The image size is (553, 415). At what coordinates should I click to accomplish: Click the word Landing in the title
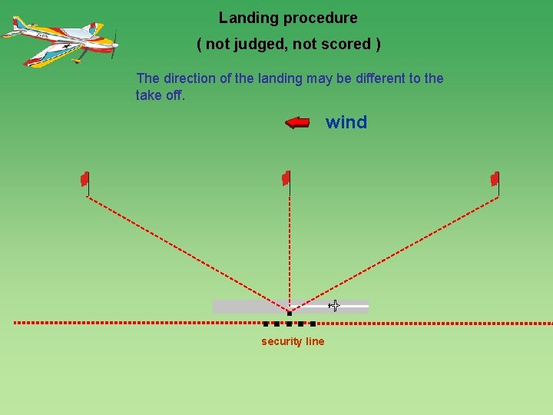click(x=244, y=18)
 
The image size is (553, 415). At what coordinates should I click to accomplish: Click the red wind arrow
click(x=297, y=122)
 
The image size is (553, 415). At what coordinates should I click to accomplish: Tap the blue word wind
click(x=346, y=122)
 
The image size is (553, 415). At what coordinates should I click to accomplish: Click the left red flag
click(x=85, y=179)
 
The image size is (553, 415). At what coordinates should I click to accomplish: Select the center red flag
click(x=286, y=178)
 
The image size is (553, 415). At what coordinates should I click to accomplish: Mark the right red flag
click(x=495, y=179)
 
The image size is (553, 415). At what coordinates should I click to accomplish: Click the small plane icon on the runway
click(x=334, y=306)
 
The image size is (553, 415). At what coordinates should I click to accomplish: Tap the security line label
click(x=293, y=342)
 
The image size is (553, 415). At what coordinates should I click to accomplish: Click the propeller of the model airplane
click(x=114, y=44)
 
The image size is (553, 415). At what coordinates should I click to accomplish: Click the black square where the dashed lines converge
click(x=289, y=313)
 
